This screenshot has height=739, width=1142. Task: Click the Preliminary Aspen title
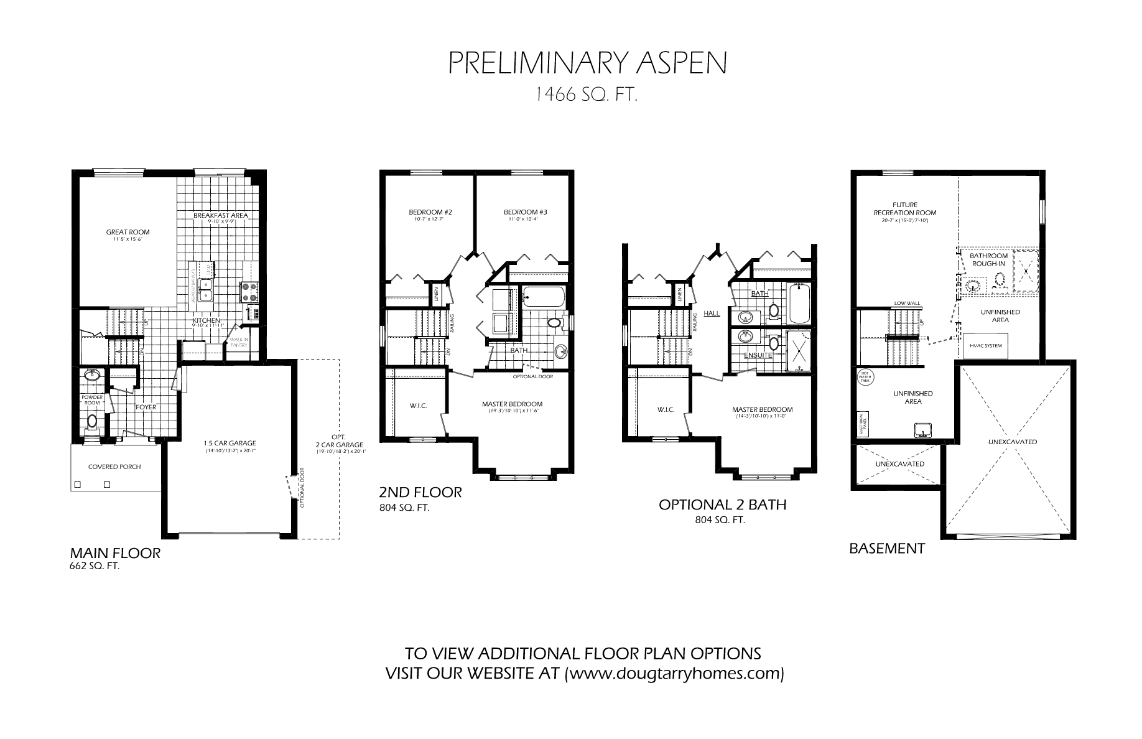(587, 63)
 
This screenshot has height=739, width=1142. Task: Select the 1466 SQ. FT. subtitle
(587, 95)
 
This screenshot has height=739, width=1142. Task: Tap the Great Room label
(128, 232)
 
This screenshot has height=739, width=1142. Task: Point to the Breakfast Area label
(220, 215)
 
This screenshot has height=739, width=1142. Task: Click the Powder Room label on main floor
(91, 399)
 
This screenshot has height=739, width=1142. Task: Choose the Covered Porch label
(114, 467)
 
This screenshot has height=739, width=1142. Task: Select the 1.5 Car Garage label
(230, 444)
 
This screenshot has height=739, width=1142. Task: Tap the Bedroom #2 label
(430, 212)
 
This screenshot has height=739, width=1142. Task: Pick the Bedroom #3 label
(525, 212)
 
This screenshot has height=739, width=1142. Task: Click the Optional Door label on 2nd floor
(532, 376)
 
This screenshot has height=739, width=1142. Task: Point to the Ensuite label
(758, 355)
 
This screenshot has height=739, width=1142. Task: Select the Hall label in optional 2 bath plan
(712, 313)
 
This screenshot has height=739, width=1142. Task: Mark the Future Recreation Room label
(904, 208)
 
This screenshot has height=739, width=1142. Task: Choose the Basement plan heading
(887, 549)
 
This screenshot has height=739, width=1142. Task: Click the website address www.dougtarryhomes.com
(674, 673)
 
